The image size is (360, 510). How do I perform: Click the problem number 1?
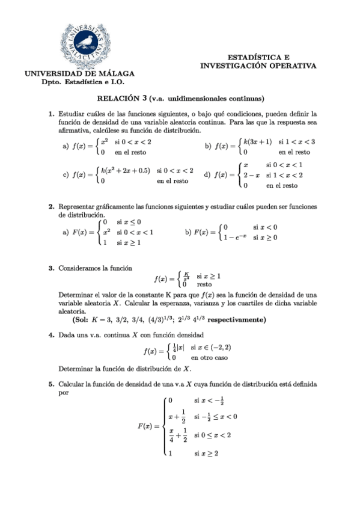tap(51, 112)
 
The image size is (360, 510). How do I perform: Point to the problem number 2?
tap(51, 207)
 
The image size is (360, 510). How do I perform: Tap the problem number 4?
tap(51, 334)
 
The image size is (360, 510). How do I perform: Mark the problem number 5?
tap(51, 383)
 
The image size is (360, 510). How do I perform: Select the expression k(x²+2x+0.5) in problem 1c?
tap(126, 170)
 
